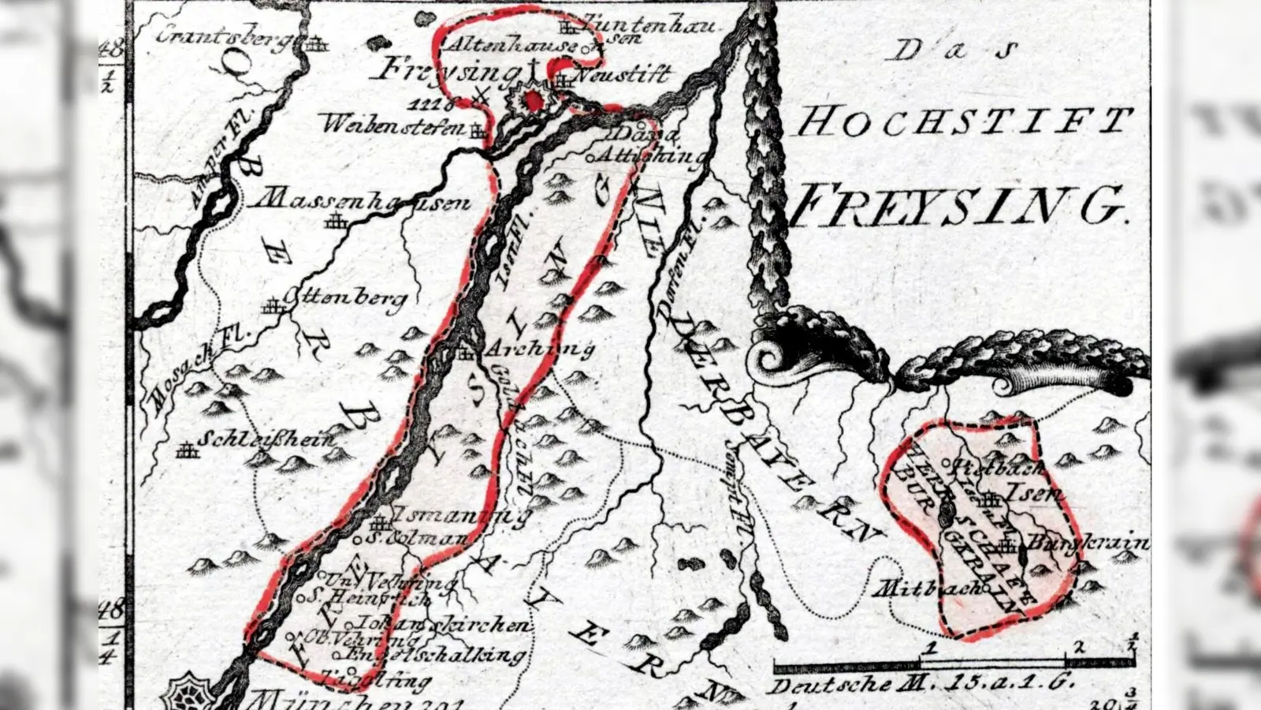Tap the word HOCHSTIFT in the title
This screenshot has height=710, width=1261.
pyautogui.click(x=963, y=122)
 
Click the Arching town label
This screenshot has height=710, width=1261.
pyautogui.click(x=539, y=348)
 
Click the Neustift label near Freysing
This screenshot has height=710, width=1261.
pyautogui.click(x=623, y=76)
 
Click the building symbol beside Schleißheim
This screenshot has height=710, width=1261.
pyautogui.click(x=187, y=450)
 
